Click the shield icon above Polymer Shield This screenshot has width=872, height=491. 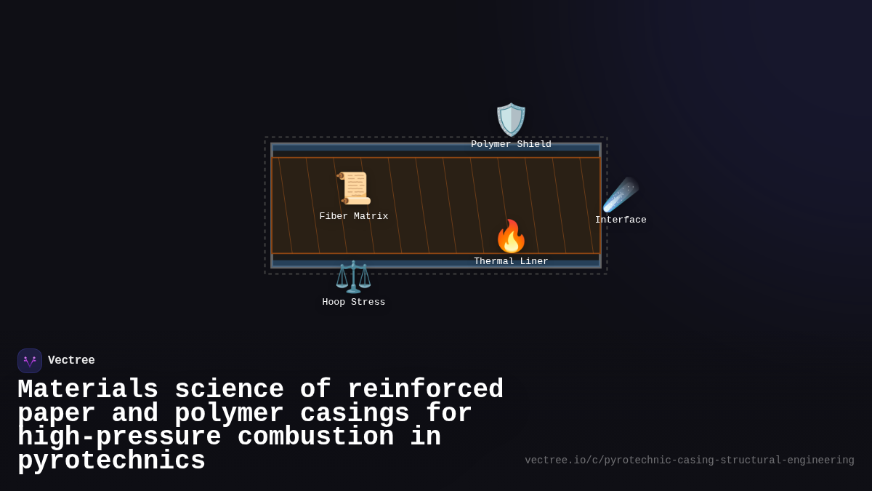[x=511, y=119]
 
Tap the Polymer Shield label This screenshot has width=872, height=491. [x=511, y=145]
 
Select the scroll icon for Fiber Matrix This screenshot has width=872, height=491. [x=354, y=188]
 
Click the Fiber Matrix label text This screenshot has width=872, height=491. [x=354, y=217]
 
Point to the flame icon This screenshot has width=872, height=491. [x=511, y=236]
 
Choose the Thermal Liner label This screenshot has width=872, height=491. [x=511, y=262]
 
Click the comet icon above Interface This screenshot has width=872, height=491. [x=621, y=194]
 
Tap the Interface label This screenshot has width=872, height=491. [x=621, y=220]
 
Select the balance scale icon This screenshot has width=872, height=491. [x=354, y=276]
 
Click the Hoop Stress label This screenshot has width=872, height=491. [x=354, y=303]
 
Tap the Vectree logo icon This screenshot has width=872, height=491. [x=30, y=361]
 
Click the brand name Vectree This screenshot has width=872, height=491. [x=71, y=361]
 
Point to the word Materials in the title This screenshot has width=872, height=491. [x=88, y=390]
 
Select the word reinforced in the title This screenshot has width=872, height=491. [x=425, y=390]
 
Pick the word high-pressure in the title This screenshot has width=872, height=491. [x=119, y=437]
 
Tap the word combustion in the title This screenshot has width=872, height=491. [x=315, y=437]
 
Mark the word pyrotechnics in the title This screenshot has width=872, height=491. [x=111, y=461]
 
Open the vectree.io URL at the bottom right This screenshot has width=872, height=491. [x=689, y=460]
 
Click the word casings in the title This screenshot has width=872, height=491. [x=355, y=414]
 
